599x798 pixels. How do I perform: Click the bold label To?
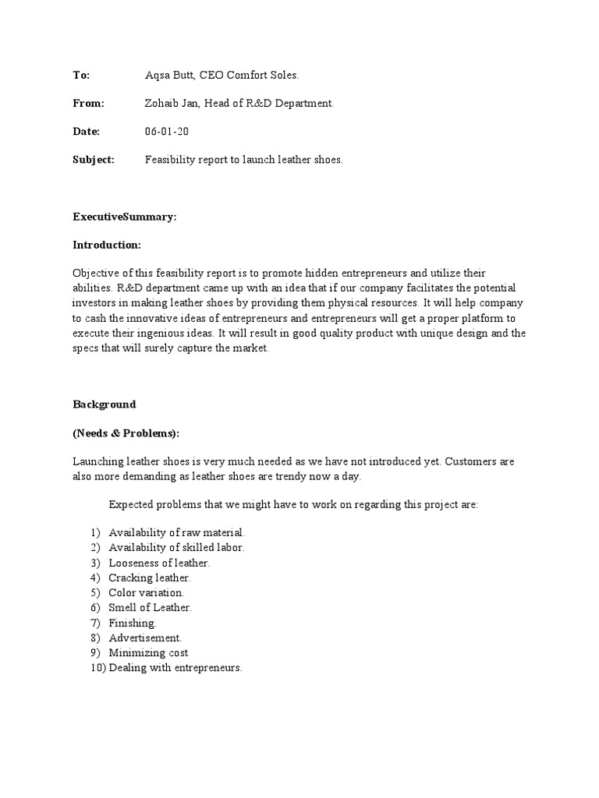pyautogui.click(x=81, y=75)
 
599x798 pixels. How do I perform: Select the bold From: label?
pyautogui.click(x=88, y=103)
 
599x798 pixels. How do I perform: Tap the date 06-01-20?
pyautogui.click(x=167, y=132)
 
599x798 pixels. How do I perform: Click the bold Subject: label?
pyautogui.click(x=94, y=160)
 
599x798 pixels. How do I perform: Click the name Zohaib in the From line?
pyautogui.click(x=163, y=103)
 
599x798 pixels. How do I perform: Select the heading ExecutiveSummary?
pyautogui.click(x=125, y=217)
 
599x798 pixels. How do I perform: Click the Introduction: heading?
pyautogui.click(x=107, y=245)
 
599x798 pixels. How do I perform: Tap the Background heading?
pyautogui.click(x=105, y=404)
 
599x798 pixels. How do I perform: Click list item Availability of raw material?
pyautogui.click(x=177, y=532)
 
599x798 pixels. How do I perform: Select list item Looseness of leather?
pyautogui.click(x=159, y=562)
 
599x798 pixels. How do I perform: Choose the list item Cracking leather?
pyautogui.click(x=150, y=577)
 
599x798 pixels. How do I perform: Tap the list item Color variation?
pyautogui.click(x=147, y=592)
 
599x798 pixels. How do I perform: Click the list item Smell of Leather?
pyautogui.click(x=150, y=607)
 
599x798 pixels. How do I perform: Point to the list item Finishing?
pyautogui.click(x=133, y=623)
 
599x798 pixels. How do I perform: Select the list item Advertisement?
pyautogui.click(x=145, y=637)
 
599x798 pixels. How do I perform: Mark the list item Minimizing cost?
pyautogui.click(x=148, y=652)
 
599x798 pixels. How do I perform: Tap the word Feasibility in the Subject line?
pyautogui.click(x=171, y=160)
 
